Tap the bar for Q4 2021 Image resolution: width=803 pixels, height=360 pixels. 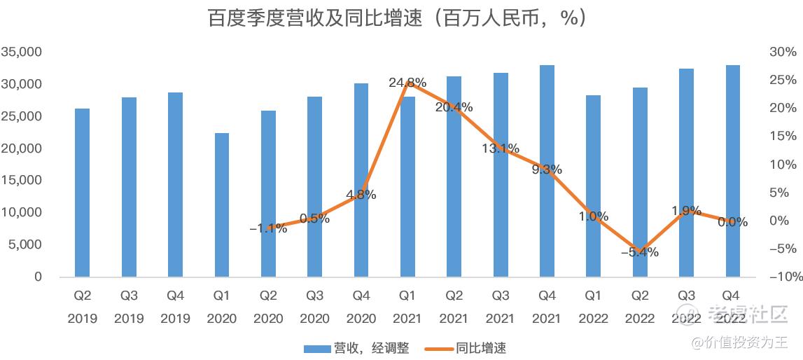tap(547, 171)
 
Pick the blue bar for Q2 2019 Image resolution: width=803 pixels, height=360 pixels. tap(83, 193)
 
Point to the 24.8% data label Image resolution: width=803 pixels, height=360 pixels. tap(407, 83)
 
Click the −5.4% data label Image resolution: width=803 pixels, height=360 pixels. tap(640, 252)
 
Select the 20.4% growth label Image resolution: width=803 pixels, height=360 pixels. tap(454, 107)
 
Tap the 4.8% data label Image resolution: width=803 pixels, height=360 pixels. tap(361, 195)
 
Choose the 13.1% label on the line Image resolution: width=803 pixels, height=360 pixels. tap(500, 148)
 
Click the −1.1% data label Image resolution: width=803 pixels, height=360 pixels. tap(268, 228)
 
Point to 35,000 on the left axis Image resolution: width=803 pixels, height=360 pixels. tap(22, 52)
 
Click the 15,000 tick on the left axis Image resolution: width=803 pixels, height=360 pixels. tap(22, 180)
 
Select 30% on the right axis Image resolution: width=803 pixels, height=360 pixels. tap(783, 52)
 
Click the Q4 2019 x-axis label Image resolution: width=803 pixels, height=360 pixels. tap(175, 307)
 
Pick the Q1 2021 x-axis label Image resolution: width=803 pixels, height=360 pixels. tap(407, 307)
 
